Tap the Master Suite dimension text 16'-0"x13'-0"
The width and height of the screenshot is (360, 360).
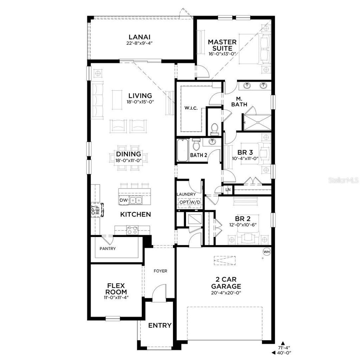pos(222,54)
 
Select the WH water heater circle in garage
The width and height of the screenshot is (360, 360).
pos(266,252)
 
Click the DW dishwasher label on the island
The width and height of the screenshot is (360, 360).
pos(123,200)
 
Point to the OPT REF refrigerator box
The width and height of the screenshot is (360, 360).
pos(95,211)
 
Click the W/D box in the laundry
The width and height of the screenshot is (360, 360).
pos(195,202)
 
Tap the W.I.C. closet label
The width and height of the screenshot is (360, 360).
pos(191,108)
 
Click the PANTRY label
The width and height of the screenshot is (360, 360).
pos(107,249)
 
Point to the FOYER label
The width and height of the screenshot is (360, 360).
pos(160,271)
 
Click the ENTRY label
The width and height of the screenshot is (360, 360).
pos(160,325)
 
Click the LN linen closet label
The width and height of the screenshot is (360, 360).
pos(228,190)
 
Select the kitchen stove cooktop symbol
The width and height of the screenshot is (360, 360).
pos(133,230)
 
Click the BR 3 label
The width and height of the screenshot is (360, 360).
pos(245,152)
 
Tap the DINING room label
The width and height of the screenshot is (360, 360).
pos(128,154)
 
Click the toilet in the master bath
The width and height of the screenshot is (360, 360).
pos(214,129)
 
